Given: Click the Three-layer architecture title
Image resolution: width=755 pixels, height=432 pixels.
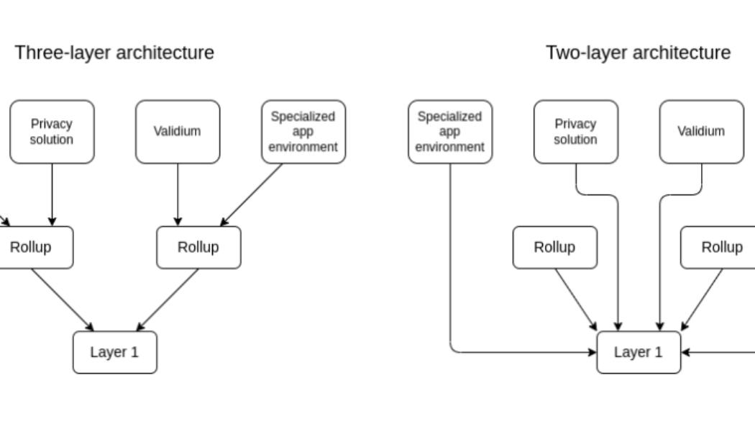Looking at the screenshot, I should [115, 53].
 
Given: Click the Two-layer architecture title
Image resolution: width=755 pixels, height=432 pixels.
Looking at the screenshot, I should [639, 53].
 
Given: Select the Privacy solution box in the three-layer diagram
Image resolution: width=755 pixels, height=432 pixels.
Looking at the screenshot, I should [51, 132].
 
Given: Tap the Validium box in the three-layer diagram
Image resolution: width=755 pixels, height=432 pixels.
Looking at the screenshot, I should [177, 132].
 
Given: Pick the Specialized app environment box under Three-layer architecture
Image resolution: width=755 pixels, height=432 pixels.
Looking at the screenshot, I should [303, 132].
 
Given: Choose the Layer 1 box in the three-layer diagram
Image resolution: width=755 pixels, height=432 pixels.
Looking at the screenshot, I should [114, 352].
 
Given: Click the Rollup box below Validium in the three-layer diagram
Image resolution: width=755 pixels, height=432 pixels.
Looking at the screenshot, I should [198, 247].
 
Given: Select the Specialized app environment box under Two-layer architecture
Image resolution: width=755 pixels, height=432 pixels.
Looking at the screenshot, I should [450, 132].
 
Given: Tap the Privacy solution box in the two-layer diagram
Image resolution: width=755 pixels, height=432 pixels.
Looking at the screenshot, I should [575, 132].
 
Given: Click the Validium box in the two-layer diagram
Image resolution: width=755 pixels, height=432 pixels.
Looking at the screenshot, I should [702, 132].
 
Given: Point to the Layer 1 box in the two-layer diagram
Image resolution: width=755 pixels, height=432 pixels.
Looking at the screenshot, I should [639, 352].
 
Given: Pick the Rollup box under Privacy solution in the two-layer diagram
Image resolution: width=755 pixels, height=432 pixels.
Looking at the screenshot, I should [554, 247].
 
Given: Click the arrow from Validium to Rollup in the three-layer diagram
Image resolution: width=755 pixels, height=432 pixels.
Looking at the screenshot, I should [177, 194].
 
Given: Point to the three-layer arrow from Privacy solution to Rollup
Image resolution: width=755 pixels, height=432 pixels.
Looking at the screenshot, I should [51, 194].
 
